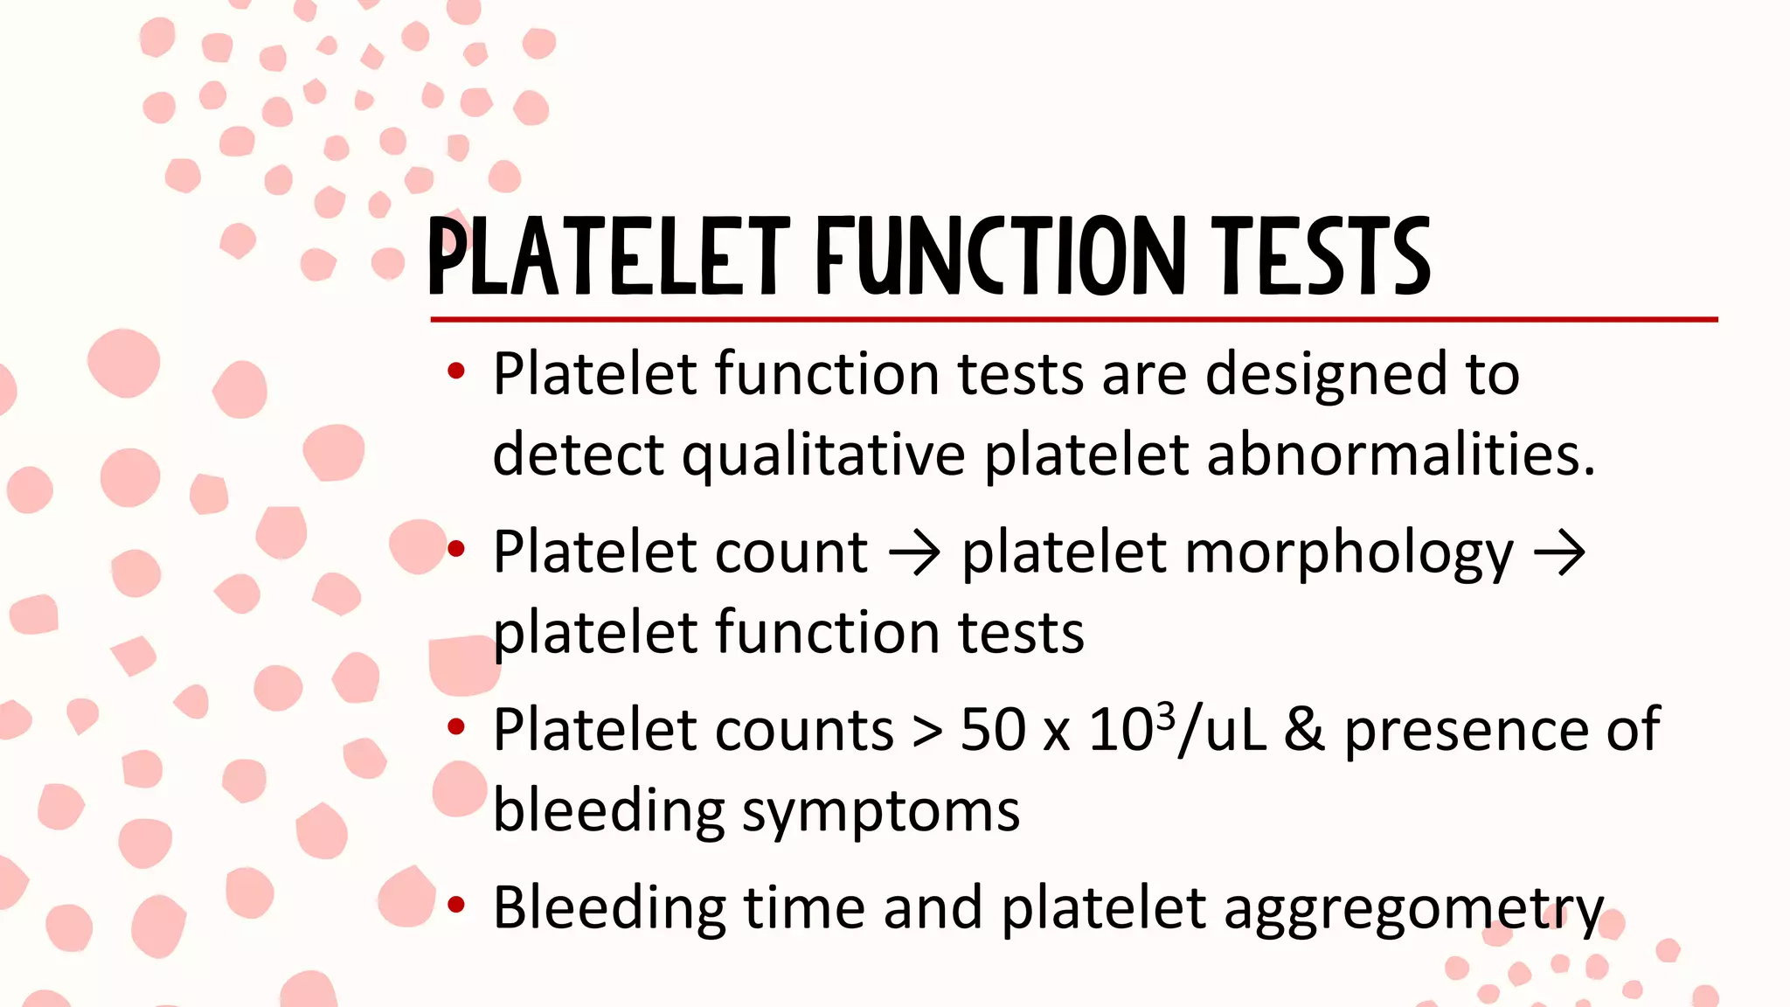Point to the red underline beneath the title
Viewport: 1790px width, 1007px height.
click(1073, 320)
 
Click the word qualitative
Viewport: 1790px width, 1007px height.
click(823, 456)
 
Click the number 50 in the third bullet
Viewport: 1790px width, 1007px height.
click(992, 730)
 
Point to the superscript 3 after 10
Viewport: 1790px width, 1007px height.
click(1164, 716)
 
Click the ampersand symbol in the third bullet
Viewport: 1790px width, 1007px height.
click(1304, 730)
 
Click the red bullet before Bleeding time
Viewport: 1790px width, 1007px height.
click(455, 906)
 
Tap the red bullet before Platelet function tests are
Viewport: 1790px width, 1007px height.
click(455, 372)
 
